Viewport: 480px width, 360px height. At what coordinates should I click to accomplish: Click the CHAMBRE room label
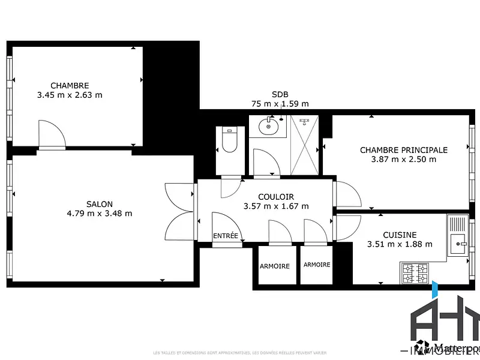click(70, 86)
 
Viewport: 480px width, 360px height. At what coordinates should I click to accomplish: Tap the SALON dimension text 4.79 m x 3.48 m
click(100, 213)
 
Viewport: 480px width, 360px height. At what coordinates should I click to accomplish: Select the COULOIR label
click(276, 197)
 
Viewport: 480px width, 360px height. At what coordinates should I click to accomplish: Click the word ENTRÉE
click(226, 236)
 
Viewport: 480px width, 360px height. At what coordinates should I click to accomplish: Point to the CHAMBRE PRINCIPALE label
click(403, 150)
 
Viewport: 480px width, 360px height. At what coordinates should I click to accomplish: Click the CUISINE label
click(400, 235)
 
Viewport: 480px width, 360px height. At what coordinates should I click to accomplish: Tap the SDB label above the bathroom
click(280, 94)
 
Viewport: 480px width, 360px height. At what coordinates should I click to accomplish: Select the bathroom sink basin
click(268, 127)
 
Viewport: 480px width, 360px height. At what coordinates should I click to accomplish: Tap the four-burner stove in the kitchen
click(415, 273)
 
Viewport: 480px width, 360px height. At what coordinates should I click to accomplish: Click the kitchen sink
click(461, 243)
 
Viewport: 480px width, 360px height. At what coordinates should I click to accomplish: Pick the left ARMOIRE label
click(274, 266)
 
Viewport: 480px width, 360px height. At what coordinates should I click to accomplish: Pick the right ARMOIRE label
click(317, 265)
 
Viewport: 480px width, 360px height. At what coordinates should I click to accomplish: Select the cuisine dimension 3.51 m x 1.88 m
click(400, 244)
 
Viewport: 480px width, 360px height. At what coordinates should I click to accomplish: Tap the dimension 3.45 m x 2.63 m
click(70, 95)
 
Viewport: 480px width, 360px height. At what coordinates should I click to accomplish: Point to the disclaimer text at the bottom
click(240, 352)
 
